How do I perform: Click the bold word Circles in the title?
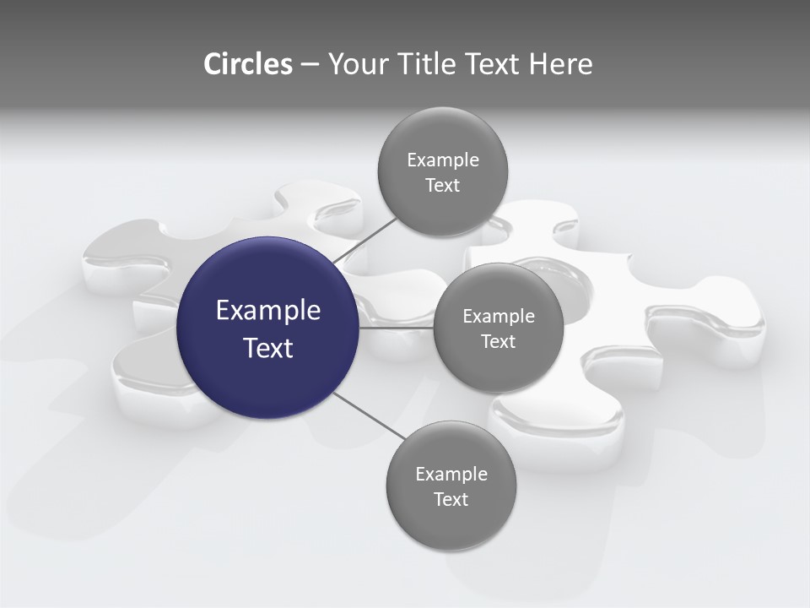[247, 64]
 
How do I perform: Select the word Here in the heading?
[560, 64]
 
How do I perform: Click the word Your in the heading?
[359, 64]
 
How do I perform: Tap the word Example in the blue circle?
[268, 311]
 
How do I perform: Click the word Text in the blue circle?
[268, 348]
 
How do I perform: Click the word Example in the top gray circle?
[443, 160]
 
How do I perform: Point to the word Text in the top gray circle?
[442, 186]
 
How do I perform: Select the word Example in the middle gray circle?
[499, 317]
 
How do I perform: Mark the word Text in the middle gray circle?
[498, 342]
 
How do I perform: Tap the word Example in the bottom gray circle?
[451, 475]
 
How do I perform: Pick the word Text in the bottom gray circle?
[451, 500]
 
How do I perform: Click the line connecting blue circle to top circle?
[364, 242]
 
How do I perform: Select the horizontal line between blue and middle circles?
[396, 328]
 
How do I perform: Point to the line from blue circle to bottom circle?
[368, 415]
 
